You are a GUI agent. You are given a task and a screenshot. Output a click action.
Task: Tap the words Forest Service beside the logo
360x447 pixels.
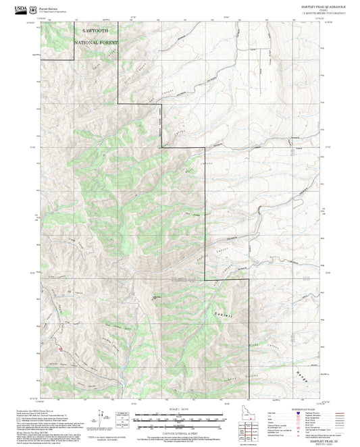[x=49, y=5]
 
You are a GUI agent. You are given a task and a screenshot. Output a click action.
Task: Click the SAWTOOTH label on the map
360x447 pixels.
[x=96, y=31]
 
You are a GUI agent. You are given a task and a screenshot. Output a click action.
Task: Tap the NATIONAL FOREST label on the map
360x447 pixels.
[x=96, y=43]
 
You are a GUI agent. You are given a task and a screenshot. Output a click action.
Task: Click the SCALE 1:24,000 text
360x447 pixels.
[x=180, y=410]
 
